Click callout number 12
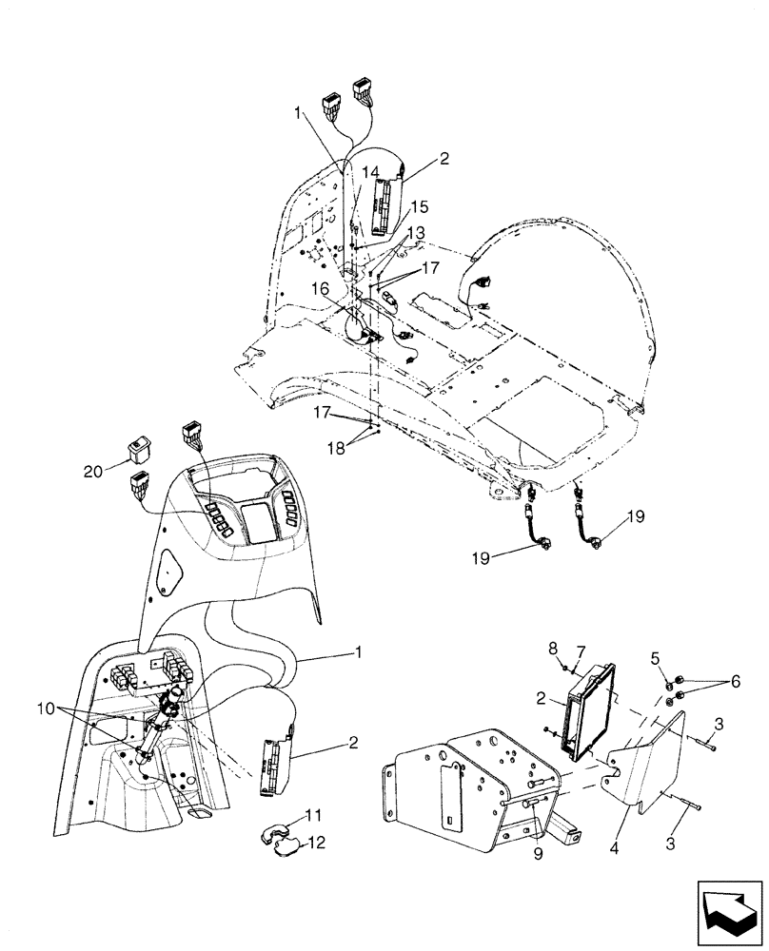pyautogui.click(x=314, y=843)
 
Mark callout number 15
pyautogui.click(x=420, y=206)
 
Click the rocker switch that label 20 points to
pyautogui.click(x=139, y=447)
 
